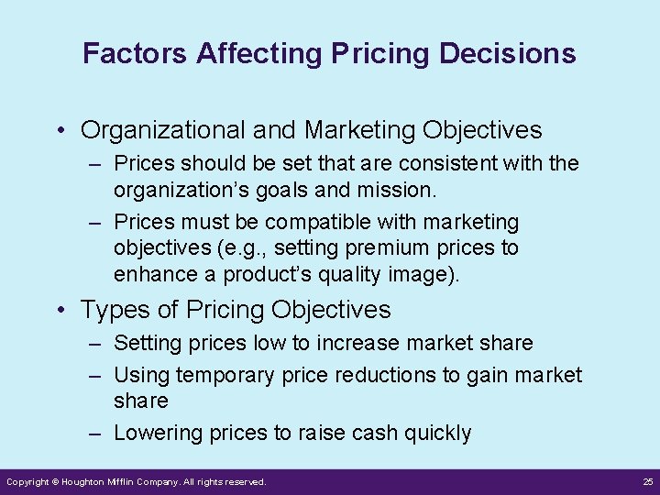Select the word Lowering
point(155,434)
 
